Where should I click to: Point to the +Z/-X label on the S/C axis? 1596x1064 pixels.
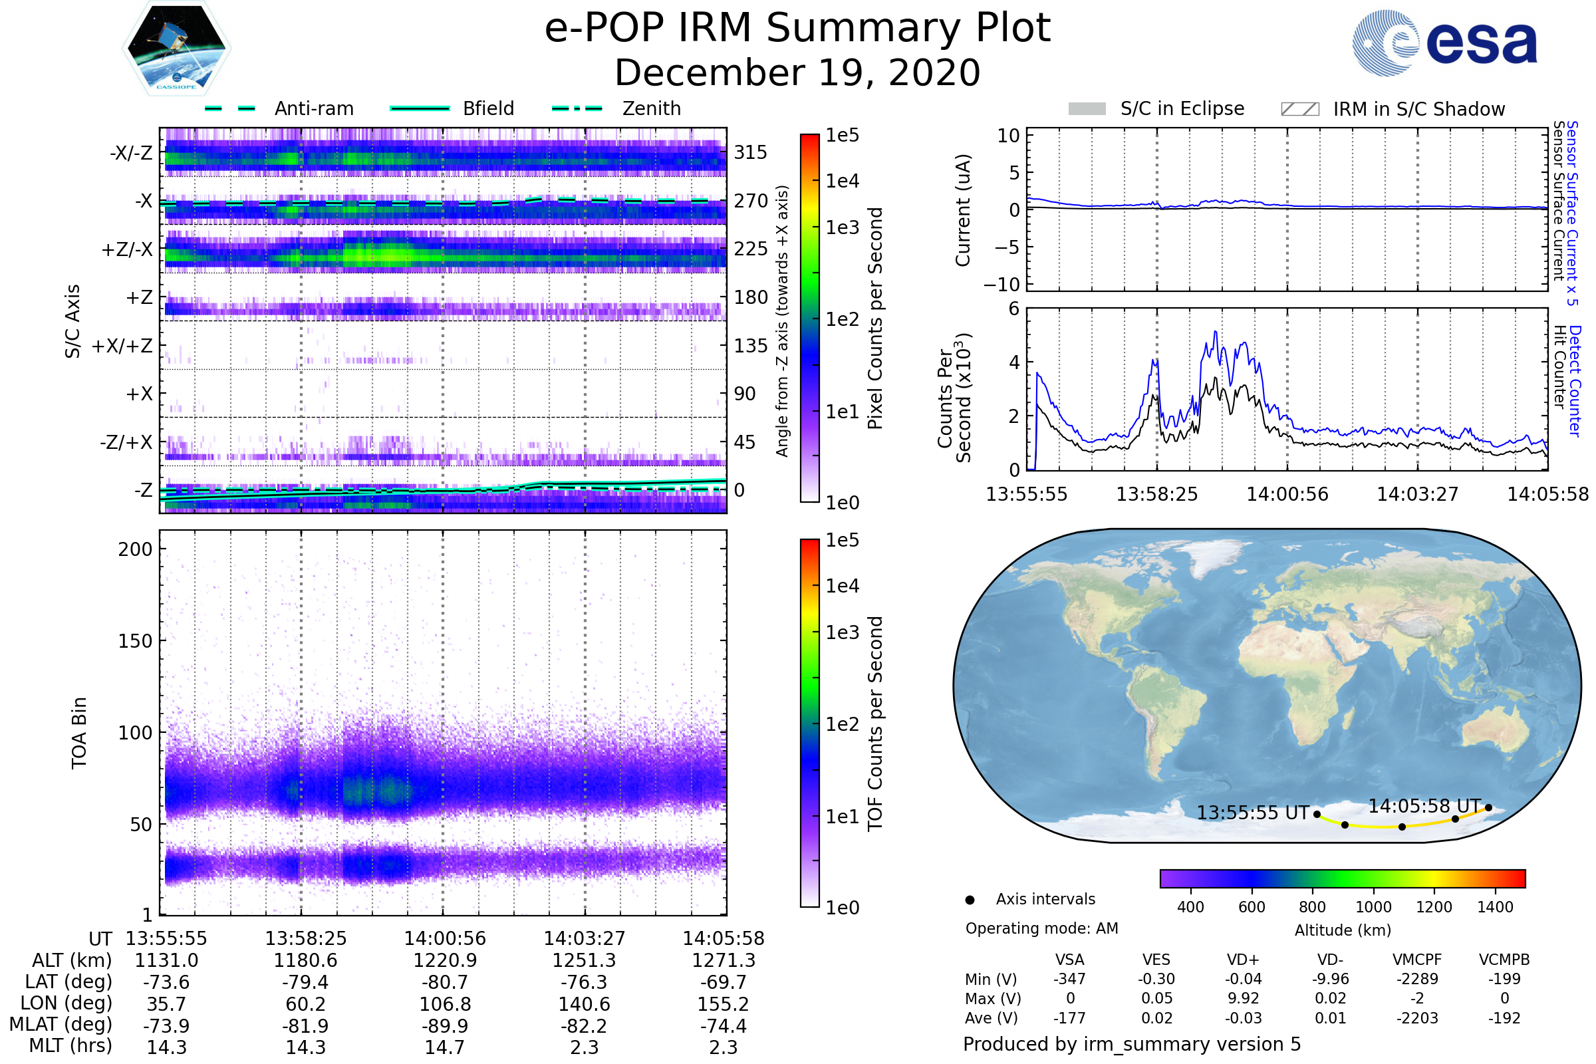tap(127, 250)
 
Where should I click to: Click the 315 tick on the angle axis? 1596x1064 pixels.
tap(750, 152)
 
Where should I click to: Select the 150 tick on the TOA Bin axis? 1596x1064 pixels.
tap(135, 640)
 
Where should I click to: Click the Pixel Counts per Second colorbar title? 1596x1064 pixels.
tap(875, 318)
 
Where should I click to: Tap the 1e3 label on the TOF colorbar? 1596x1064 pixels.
tap(842, 632)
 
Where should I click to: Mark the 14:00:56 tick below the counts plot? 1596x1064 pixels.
tap(1287, 494)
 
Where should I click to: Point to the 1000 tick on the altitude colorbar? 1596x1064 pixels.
tap(1373, 907)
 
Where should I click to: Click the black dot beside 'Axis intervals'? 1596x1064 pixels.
tap(970, 900)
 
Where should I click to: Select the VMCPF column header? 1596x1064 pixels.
tap(1417, 960)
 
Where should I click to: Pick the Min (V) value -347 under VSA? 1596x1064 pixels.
tap(1069, 979)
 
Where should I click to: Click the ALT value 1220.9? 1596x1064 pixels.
tap(445, 960)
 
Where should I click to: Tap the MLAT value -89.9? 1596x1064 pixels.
tap(445, 1026)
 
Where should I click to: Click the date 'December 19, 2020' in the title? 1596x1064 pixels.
tap(797, 72)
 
